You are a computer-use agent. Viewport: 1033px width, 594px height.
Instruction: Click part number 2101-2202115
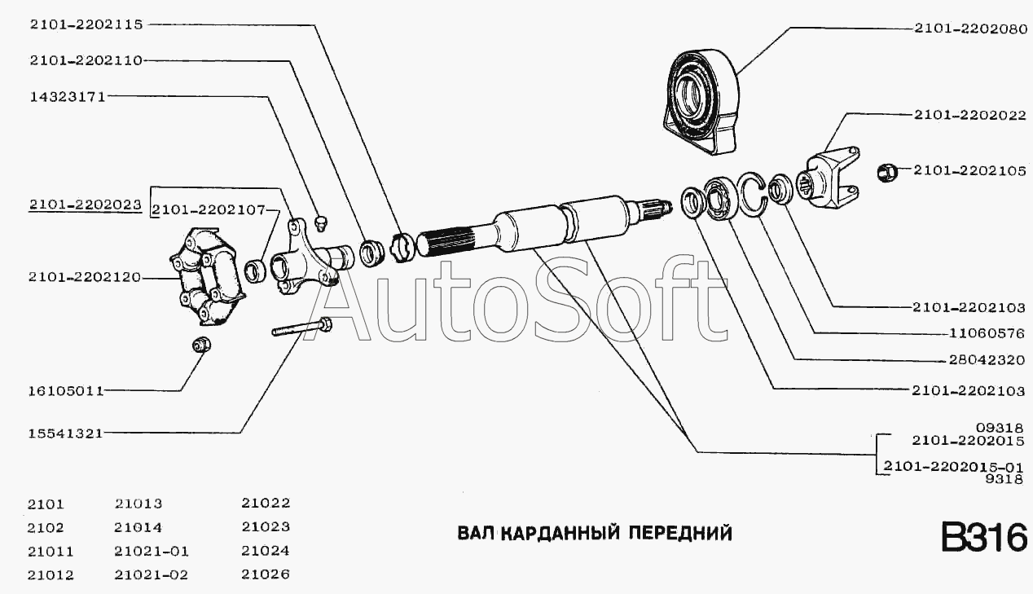tap(86, 24)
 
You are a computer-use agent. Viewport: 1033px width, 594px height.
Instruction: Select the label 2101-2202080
tap(971, 29)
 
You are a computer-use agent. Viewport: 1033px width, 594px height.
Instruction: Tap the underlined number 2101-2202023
tap(86, 205)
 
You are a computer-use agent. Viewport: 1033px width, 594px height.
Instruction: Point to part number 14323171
tap(68, 97)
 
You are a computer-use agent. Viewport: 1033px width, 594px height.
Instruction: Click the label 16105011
tap(67, 391)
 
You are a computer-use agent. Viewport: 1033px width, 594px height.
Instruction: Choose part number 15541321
tap(65, 433)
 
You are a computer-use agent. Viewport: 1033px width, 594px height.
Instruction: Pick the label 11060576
tap(987, 333)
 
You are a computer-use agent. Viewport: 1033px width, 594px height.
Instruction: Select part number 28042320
tap(987, 359)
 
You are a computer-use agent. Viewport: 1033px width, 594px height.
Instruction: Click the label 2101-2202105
tap(969, 170)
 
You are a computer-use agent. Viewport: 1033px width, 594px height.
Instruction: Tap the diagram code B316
tap(983, 538)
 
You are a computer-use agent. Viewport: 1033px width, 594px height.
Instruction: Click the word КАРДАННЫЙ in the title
tap(560, 534)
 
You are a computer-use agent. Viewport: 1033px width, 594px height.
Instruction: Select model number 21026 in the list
tap(266, 574)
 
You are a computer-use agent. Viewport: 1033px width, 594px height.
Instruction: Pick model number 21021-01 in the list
tap(152, 551)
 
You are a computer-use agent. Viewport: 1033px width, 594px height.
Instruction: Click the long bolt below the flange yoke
tap(302, 328)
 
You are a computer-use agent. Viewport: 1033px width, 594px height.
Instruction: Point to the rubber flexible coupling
tap(207, 276)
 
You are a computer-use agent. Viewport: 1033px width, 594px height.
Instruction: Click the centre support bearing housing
tap(701, 102)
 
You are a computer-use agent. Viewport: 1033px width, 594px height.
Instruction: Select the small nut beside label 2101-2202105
tap(886, 172)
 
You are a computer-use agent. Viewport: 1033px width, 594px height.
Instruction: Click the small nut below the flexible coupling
tap(201, 344)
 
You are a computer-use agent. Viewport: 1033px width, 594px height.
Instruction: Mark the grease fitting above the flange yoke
tap(322, 222)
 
